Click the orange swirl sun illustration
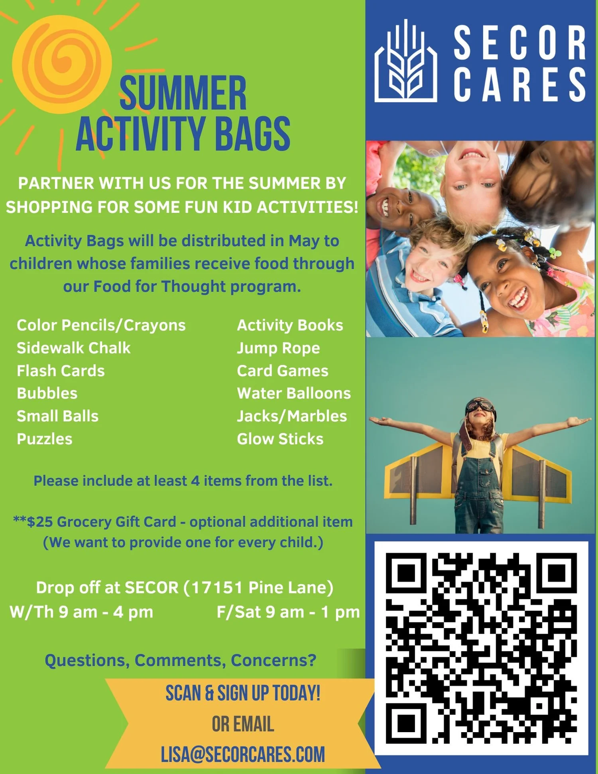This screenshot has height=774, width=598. [62, 64]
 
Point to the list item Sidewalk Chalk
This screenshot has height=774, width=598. [73, 348]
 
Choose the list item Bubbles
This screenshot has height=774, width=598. [47, 393]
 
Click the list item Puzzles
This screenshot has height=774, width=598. [45, 439]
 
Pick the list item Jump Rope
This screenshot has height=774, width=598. [278, 348]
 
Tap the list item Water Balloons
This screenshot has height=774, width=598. [294, 393]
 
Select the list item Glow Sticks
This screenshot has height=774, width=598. [280, 439]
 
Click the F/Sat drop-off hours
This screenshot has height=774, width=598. [288, 612]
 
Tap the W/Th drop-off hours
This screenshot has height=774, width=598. [81, 612]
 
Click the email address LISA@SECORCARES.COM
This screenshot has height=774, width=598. [243, 754]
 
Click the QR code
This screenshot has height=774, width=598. [481, 648]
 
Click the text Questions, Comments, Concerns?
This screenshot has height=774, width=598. [180, 660]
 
